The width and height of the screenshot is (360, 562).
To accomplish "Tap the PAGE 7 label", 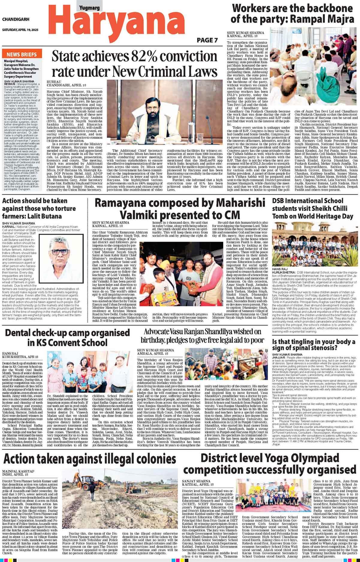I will [x=207, y=40].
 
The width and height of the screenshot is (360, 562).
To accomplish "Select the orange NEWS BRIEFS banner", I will [x=22, y=54].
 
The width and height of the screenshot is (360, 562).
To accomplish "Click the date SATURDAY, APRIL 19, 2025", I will [x=20, y=30].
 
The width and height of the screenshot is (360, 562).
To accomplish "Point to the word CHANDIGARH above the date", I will [x=16, y=19].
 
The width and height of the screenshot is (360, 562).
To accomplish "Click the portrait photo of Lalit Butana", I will [x=61, y=259].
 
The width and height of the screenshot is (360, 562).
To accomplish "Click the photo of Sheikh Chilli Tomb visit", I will [x=315, y=244].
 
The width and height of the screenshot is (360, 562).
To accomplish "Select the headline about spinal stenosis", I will [x=314, y=345].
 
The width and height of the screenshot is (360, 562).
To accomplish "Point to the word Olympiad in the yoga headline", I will [x=316, y=458].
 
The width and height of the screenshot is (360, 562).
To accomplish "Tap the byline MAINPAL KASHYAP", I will [x=18, y=471].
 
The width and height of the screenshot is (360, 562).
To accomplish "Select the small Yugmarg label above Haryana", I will [x=89, y=8].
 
